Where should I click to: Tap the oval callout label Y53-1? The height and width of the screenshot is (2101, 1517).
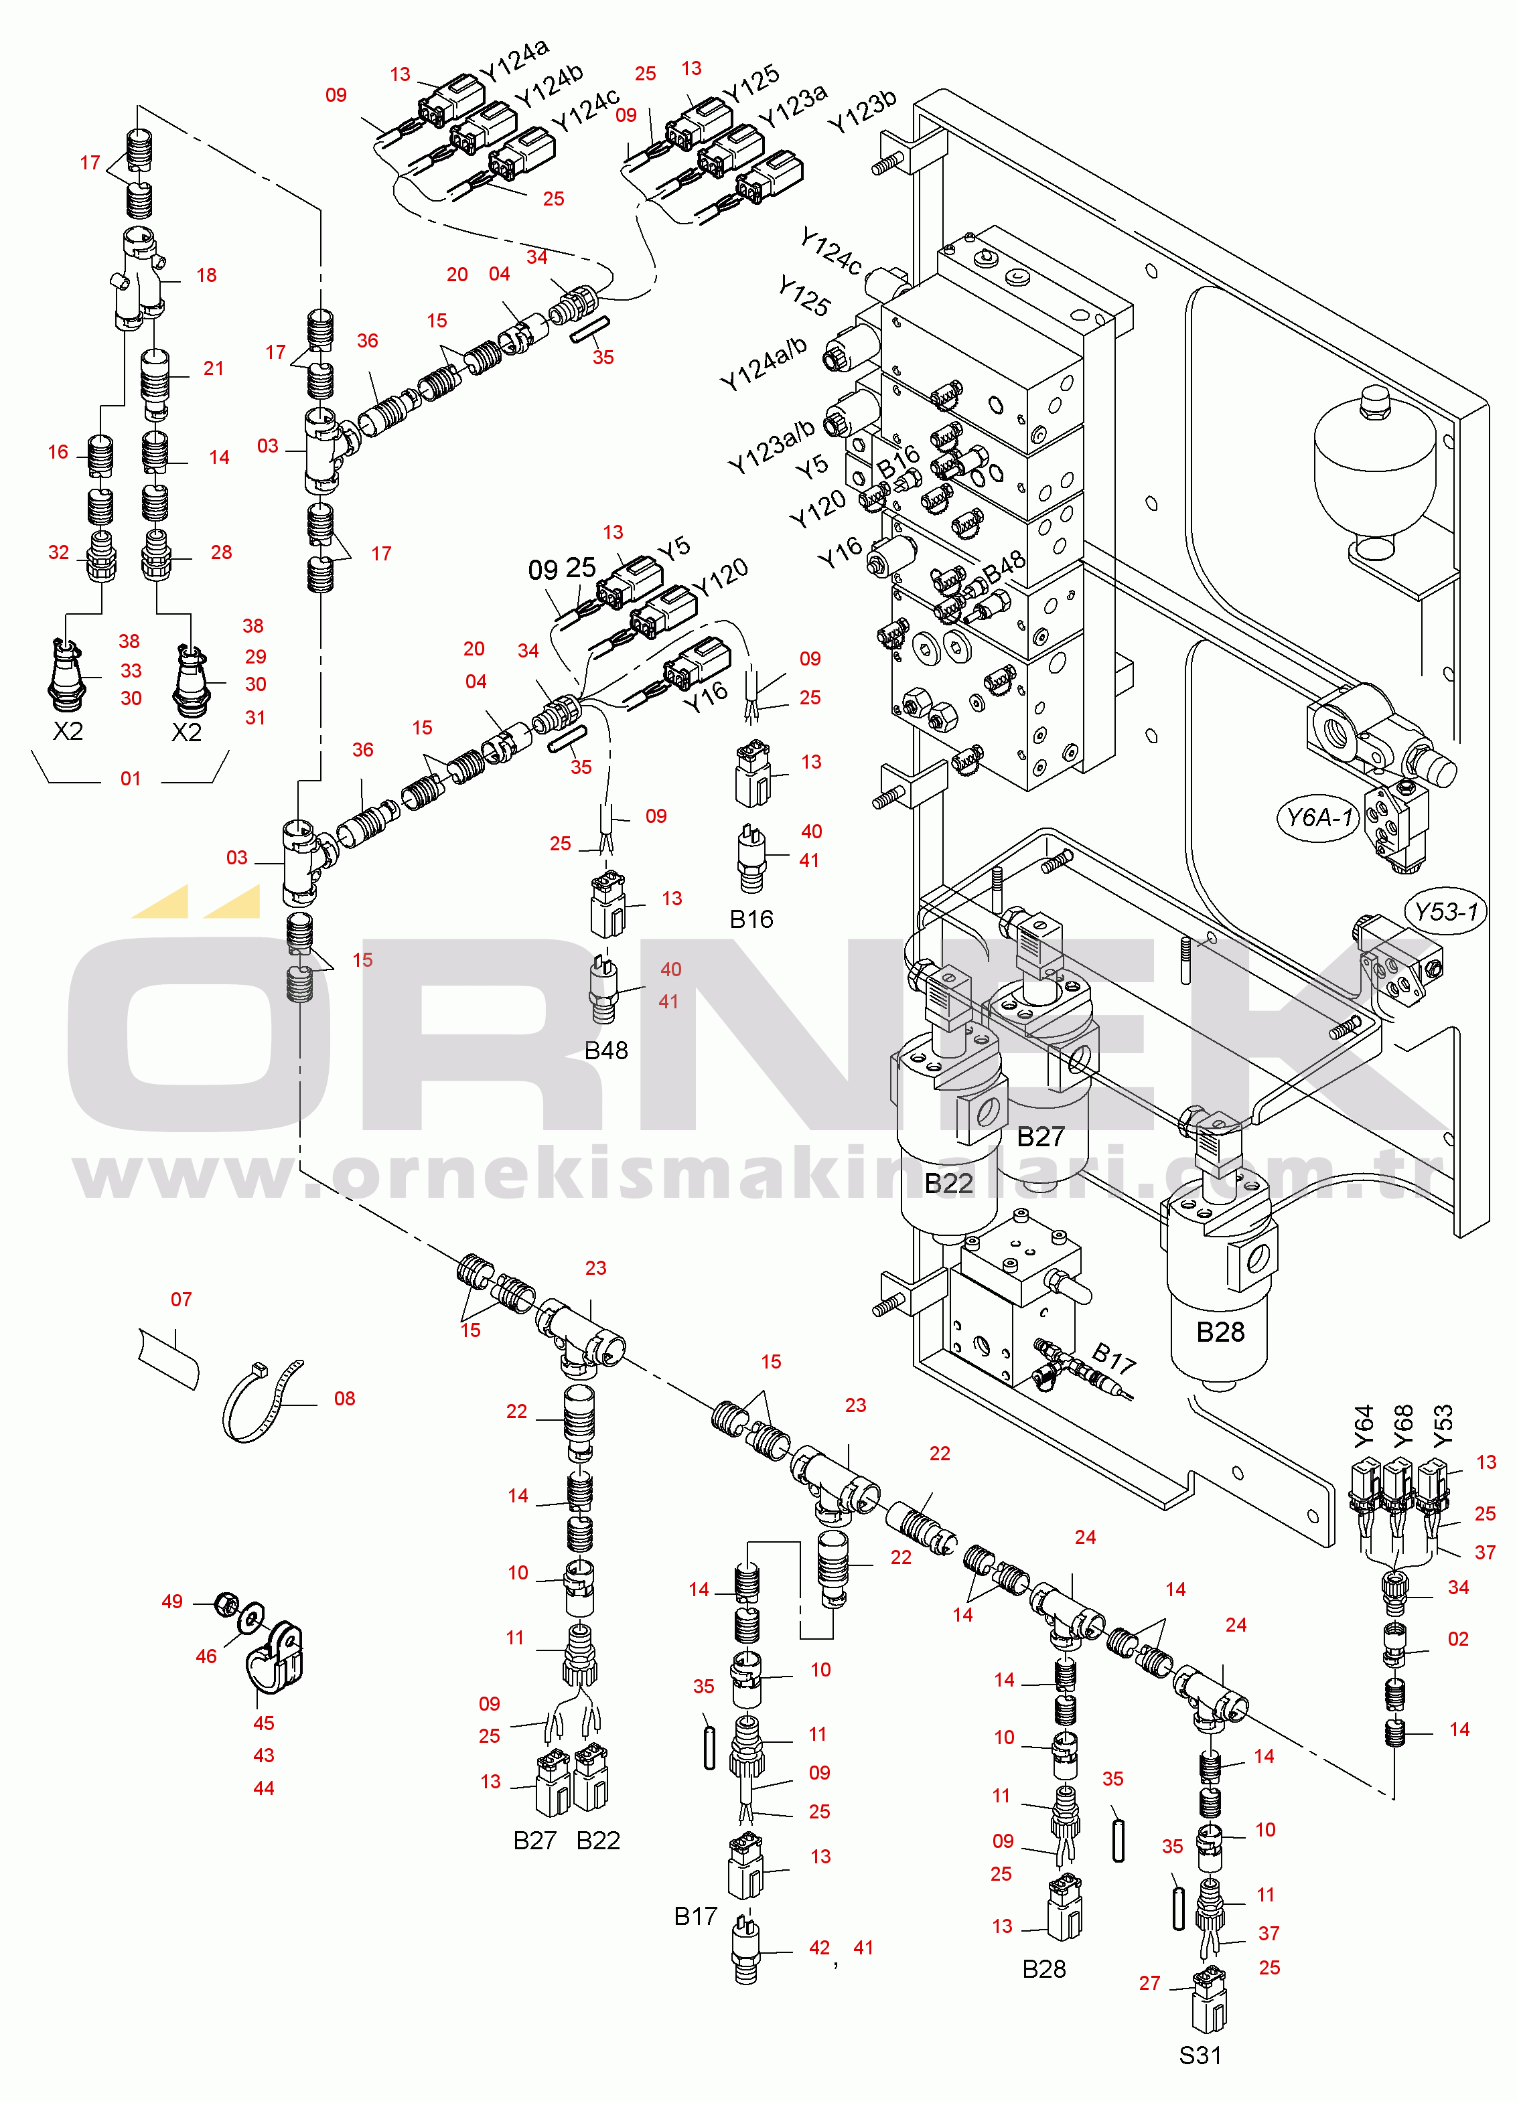click(1445, 911)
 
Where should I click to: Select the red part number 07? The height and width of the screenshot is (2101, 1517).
click(182, 1300)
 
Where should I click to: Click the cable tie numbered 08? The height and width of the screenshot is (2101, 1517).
click(263, 1400)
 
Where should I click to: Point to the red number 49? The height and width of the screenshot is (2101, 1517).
click(172, 1602)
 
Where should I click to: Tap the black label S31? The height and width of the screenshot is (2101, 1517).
click(1200, 2055)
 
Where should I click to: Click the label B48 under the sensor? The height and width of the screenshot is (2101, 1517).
click(606, 1050)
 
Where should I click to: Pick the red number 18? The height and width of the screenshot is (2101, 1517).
click(207, 275)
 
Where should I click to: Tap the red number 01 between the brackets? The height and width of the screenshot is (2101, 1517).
click(131, 779)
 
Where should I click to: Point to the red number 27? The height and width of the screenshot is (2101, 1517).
click(1150, 1983)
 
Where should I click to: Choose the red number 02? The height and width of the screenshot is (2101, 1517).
click(1459, 1639)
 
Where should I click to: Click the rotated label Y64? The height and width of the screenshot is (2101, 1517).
click(1363, 1427)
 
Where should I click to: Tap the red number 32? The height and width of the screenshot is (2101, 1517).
click(58, 552)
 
